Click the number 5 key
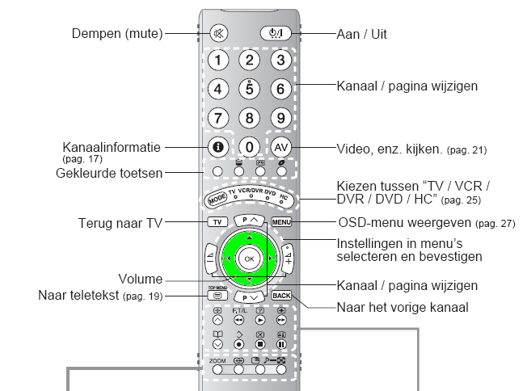(x=251, y=89)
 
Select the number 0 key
(x=251, y=147)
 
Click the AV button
(x=280, y=147)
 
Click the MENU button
(x=281, y=221)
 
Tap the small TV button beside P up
(x=217, y=221)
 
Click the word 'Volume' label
(x=139, y=279)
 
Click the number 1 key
(x=219, y=59)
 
